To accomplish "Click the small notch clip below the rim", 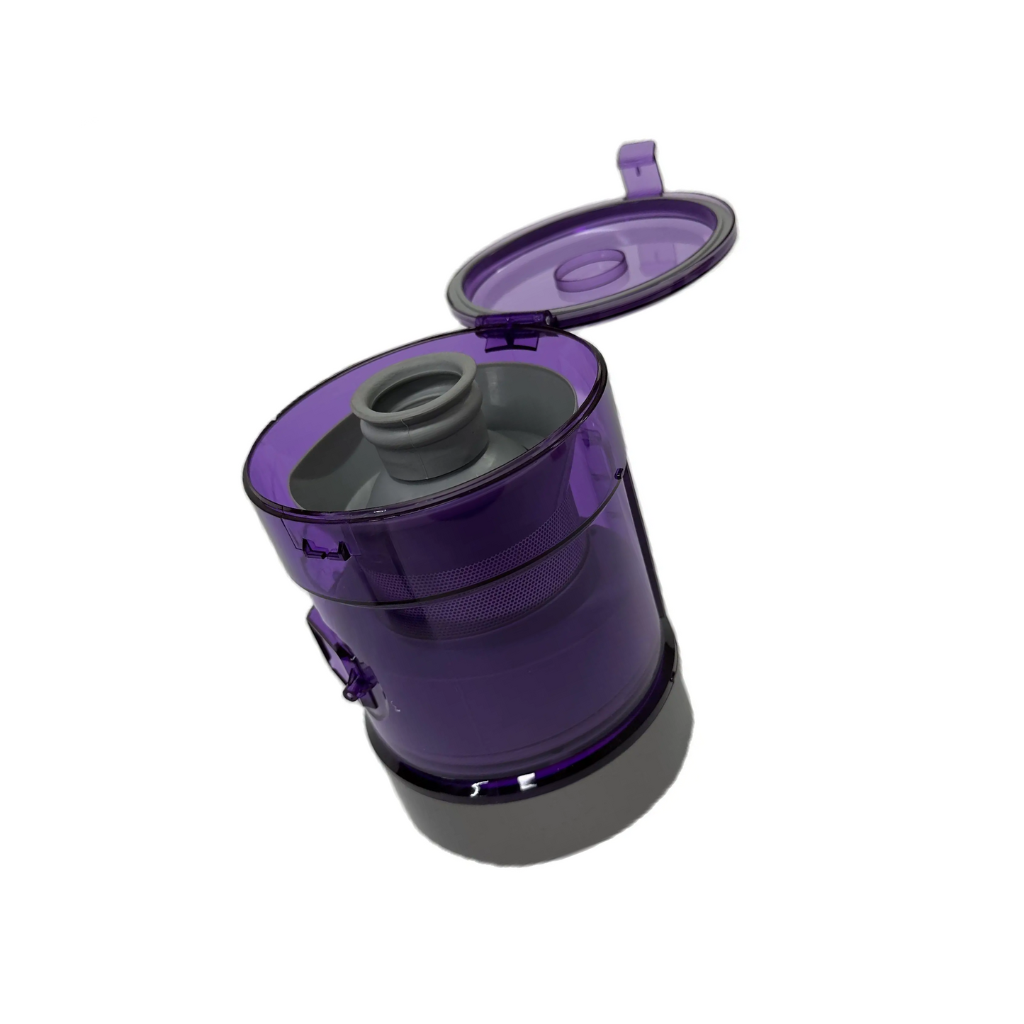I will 322,550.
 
